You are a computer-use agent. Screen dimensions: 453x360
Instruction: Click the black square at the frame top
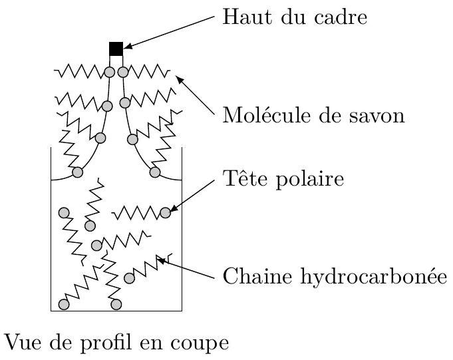(116, 49)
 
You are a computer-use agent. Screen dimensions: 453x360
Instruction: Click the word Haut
(247, 17)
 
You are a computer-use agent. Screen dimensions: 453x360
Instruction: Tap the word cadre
(341, 17)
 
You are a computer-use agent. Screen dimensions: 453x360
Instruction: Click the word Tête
(246, 178)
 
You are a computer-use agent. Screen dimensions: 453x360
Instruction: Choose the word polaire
(310, 180)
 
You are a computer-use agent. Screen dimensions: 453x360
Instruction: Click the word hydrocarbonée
(374, 277)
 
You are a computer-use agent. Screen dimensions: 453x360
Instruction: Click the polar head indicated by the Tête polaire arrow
(165, 213)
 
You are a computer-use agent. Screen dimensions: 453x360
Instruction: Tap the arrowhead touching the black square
(128, 46)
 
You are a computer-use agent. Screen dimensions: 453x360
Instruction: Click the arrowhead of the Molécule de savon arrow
(180, 79)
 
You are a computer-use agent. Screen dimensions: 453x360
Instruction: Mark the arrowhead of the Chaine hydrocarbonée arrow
(161, 261)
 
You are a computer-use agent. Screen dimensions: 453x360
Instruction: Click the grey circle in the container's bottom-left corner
(64, 304)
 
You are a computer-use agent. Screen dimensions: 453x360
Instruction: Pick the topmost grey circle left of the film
(110, 72)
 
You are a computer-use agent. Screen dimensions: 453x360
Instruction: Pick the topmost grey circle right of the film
(123, 72)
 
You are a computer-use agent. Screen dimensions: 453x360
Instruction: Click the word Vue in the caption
(23, 343)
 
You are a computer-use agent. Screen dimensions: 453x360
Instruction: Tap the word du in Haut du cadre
(293, 17)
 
